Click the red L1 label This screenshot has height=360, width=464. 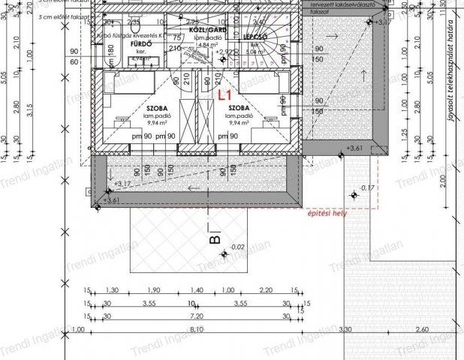click(224, 95)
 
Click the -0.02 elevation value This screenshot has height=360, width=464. click(237, 247)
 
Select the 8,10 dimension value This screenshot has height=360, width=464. click(197, 329)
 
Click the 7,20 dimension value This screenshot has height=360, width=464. click(197, 316)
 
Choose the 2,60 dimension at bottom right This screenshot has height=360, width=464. click(420, 329)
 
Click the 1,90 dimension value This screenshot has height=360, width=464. click(154, 290)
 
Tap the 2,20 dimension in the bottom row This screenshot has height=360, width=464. click(265, 290)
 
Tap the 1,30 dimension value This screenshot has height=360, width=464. click(112, 290)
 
